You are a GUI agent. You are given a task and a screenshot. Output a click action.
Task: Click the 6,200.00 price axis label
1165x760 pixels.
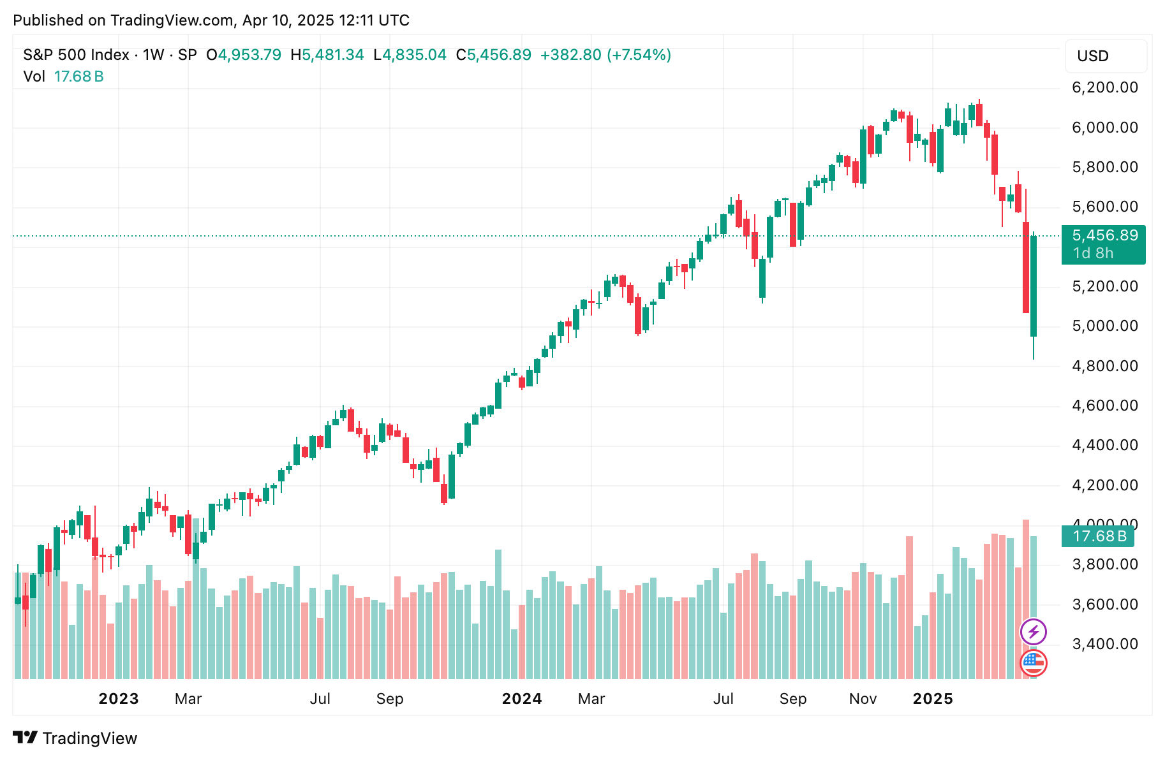coord(1105,87)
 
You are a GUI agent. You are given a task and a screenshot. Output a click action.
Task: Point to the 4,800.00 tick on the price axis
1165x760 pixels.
coord(1105,366)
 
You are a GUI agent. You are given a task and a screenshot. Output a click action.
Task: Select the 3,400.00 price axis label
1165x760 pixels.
coord(1105,644)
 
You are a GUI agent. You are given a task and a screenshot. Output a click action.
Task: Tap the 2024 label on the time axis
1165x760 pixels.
coord(522,699)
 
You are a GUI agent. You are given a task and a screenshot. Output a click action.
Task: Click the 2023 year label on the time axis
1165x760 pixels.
coord(119,699)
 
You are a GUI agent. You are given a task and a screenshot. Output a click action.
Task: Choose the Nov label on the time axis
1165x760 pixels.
coord(863,699)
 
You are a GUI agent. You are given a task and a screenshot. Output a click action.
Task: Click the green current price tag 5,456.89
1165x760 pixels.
coord(1104,244)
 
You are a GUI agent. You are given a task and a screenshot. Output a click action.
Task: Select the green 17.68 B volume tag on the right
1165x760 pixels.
coord(1098,536)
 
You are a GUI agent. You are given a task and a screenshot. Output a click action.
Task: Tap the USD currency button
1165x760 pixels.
coord(1106,56)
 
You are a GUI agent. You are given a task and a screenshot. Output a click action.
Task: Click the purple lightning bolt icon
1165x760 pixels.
coord(1034,632)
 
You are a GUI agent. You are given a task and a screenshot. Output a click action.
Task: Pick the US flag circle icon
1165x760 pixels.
coord(1034,663)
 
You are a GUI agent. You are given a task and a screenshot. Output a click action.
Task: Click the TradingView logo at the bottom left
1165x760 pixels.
coord(75,738)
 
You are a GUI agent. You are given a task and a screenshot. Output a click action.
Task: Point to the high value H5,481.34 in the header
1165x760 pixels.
coord(327,55)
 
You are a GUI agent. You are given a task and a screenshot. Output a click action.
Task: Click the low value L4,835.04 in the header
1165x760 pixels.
coord(410,55)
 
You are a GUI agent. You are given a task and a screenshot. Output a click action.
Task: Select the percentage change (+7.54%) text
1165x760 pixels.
coord(639,55)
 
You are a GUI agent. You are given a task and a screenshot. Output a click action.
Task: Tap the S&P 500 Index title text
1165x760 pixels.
coord(77,55)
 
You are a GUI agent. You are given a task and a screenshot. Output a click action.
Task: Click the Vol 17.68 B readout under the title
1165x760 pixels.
coord(64,77)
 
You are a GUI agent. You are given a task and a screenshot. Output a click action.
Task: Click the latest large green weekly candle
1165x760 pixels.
coord(1034,286)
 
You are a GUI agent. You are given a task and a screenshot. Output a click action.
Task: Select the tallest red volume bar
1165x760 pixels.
coord(1026,599)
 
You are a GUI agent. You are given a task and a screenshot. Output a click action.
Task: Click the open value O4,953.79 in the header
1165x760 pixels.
coord(244,55)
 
